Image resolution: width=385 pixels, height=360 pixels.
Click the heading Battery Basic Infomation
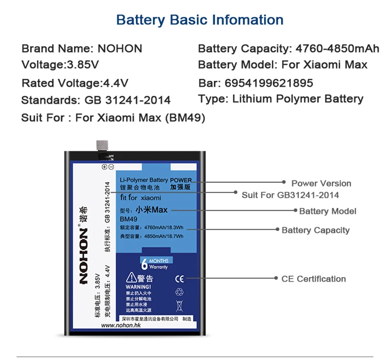(x=200, y=20)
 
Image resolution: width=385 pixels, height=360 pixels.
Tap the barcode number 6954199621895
(x=256, y=83)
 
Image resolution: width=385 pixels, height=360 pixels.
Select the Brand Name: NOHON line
(x=82, y=49)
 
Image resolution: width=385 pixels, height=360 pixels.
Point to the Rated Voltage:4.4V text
(x=75, y=83)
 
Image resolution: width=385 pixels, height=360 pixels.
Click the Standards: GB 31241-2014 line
(x=96, y=100)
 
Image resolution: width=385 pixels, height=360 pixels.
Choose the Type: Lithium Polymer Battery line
(x=281, y=99)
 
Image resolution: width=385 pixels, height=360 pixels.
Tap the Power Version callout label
(x=321, y=183)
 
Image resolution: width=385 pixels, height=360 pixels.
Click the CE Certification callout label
(x=314, y=279)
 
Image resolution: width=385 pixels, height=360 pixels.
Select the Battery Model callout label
(x=328, y=211)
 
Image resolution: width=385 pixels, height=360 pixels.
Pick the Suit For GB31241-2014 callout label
(x=290, y=195)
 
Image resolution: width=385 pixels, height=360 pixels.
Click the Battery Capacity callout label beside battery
(x=315, y=230)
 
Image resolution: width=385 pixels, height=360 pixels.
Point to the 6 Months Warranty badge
(x=155, y=264)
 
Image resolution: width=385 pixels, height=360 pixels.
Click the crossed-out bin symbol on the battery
(x=179, y=305)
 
